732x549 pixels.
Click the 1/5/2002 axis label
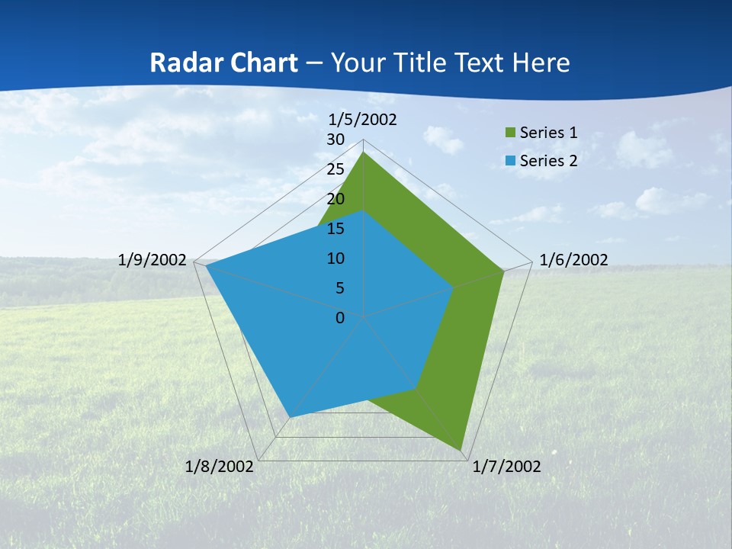pyautogui.click(x=363, y=120)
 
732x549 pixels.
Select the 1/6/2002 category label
pyautogui.click(x=573, y=260)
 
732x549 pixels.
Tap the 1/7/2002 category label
pyautogui.click(x=506, y=467)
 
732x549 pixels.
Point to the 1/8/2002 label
pyautogui.click(x=220, y=467)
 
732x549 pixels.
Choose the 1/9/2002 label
pyautogui.click(x=152, y=260)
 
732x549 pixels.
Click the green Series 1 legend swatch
pyautogui.click(x=509, y=133)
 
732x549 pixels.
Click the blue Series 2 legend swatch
pyautogui.click(x=509, y=161)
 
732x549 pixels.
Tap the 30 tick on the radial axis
pyautogui.click(x=335, y=140)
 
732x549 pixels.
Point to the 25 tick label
pyautogui.click(x=335, y=169)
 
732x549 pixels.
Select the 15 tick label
pyautogui.click(x=335, y=229)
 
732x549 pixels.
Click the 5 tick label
pyautogui.click(x=339, y=288)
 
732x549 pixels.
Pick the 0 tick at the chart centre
pyautogui.click(x=340, y=318)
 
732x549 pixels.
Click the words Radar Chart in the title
pyautogui.click(x=223, y=63)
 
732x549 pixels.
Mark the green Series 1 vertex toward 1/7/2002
pyautogui.click(x=461, y=449)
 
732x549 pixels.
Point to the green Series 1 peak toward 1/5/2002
pyautogui.click(x=364, y=152)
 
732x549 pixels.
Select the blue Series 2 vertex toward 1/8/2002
pyautogui.click(x=290, y=416)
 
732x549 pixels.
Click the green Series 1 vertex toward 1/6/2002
pyautogui.click(x=503, y=271)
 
